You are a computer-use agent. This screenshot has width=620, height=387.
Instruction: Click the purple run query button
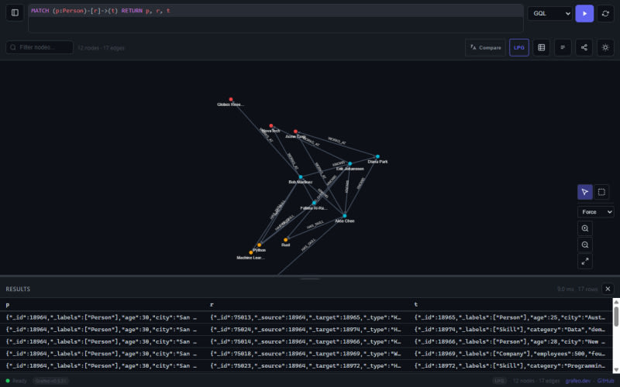[584, 13]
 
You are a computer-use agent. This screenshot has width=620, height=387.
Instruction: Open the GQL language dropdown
[549, 13]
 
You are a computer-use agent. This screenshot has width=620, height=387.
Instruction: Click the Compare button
[485, 47]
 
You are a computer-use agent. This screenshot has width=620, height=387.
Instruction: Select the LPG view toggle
[518, 47]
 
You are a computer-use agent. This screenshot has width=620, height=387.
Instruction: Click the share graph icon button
[584, 47]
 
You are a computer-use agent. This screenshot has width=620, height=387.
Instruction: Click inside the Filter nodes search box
[45, 47]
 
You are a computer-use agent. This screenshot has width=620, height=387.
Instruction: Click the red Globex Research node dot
[231, 98]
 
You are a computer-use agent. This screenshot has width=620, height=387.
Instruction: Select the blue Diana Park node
[378, 156]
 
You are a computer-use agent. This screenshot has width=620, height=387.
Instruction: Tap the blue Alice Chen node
[345, 215]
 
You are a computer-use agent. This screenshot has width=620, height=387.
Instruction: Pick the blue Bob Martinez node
[301, 177]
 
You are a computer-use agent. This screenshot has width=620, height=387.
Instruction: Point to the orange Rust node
[285, 239]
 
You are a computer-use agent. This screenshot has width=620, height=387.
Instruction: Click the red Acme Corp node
[295, 132]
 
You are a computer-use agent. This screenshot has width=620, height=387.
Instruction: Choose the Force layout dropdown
[596, 211]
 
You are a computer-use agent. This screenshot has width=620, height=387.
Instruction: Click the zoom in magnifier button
[585, 228]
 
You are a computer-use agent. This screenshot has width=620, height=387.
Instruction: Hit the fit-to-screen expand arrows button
[585, 261]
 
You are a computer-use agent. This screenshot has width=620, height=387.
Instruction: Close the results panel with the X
[608, 289]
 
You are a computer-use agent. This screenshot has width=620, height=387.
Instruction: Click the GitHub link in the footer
[605, 381]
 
